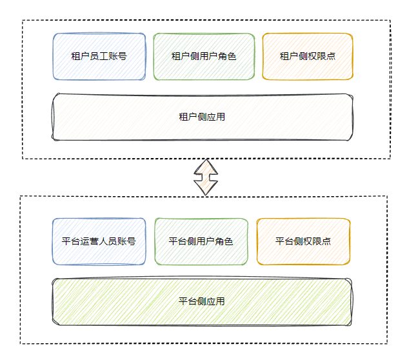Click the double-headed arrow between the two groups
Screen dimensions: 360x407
(x=206, y=177)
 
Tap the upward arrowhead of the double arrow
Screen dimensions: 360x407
(x=206, y=165)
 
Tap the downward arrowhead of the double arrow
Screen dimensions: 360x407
(x=206, y=188)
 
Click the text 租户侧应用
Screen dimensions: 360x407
(x=201, y=117)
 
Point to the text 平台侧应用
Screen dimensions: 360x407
(x=201, y=301)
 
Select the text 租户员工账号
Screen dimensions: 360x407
(x=99, y=56)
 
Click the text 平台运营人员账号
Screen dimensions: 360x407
(x=99, y=242)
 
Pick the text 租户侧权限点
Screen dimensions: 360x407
(x=308, y=56)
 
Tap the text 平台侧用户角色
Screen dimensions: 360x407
(x=201, y=242)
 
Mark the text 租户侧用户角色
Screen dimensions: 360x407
(x=204, y=56)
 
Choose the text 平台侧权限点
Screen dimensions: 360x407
(x=303, y=242)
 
